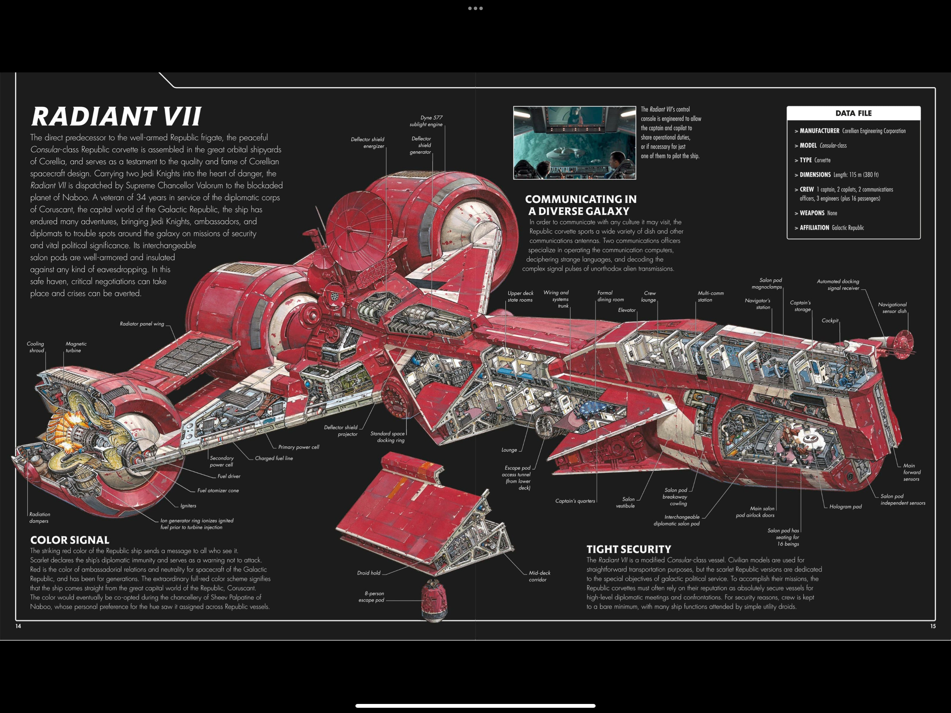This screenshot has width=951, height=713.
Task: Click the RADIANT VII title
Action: click(x=116, y=117)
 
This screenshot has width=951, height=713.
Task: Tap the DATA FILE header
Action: click(x=854, y=113)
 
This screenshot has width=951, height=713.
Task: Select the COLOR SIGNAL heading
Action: click(x=70, y=540)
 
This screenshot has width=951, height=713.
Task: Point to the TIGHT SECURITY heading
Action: click(x=629, y=549)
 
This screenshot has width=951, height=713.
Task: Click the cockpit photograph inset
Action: click(x=574, y=143)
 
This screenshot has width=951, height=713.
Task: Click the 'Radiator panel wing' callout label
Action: click(x=142, y=324)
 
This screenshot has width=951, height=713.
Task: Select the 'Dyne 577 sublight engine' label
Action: click(x=426, y=121)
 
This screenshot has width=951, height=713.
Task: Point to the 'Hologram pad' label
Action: click(x=845, y=507)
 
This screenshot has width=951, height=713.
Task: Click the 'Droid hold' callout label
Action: click(x=368, y=573)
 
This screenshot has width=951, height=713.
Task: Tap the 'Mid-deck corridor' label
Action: click(x=539, y=576)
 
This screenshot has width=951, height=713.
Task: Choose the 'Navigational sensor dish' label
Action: click(x=892, y=308)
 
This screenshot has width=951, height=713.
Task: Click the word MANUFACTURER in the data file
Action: click(x=819, y=131)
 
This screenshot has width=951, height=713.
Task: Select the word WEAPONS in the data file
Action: click(x=812, y=213)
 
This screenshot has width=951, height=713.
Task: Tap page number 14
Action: click(x=18, y=626)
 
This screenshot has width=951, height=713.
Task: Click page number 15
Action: click(x=933, y=626)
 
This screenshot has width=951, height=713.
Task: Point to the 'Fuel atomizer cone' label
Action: click(x=218, y=490)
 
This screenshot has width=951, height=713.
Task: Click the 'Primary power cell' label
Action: click(x=299, y=447)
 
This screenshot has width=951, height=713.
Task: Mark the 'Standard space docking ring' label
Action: click(x=387, y=437)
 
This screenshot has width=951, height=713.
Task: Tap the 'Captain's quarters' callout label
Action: click(x=575, y=501)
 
